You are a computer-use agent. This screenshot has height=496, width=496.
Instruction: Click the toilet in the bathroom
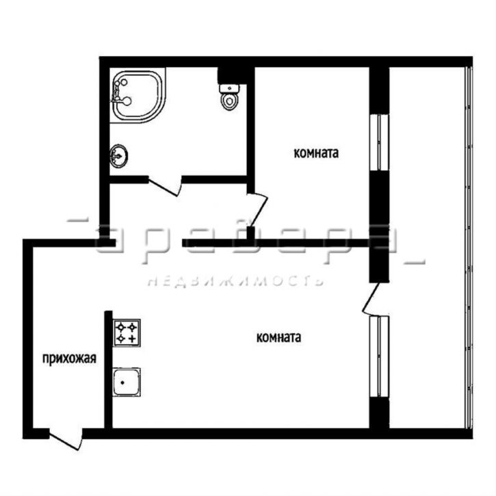[x=229, y=96]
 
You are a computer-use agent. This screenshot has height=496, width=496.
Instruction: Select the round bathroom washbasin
[x=119, y=155]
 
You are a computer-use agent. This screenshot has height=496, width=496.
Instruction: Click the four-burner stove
[x=127, y=332]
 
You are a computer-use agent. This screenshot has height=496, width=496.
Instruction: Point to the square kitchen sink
[x=127, y=382]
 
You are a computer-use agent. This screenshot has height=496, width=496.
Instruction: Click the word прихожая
[x=69, y=359]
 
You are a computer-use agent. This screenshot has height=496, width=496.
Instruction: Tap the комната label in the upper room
[x=316, y=153]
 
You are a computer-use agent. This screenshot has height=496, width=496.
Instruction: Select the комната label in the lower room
[x=278, y=337]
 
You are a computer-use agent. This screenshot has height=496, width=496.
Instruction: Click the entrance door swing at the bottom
[x=66, y=440]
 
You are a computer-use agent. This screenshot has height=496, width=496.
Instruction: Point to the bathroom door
[x=165, y=187]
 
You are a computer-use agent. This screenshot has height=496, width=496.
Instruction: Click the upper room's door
[x=257, y=210]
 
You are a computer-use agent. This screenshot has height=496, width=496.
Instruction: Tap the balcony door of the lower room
[x=371, y=299]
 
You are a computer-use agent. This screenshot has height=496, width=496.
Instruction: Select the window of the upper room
[x=379, y=142]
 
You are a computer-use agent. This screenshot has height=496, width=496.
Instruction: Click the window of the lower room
[x=379, y=356]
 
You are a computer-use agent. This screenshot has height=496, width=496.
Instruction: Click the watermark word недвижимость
[x=235, y=281]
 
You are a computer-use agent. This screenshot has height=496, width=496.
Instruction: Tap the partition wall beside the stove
[x=109, y=369]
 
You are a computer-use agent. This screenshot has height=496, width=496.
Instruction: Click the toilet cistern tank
[x=229, y=88]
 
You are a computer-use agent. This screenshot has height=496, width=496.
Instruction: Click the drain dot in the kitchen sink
[x=122, y=382]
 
